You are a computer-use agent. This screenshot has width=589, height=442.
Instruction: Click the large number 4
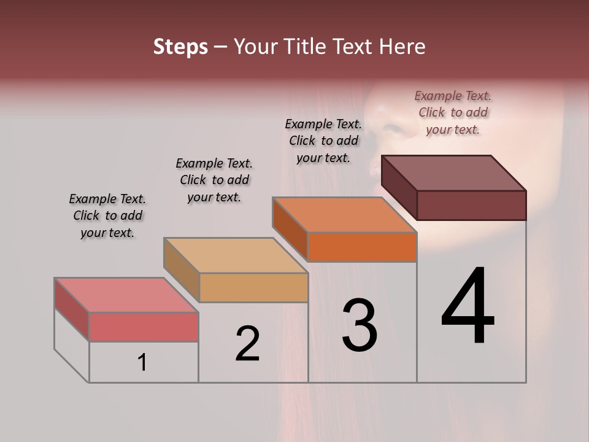pyautogui.click(x=468, y=307)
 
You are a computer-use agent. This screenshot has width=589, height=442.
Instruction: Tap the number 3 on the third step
pyautogui.click(x=360, y=325)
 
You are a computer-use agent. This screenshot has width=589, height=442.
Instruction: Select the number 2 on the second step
pyautogui.click(x=248, y=344)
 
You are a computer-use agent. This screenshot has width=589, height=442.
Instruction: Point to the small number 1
pyautogui.click(x=142, y=362)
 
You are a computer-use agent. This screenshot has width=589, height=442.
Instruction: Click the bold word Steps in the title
pyautogui.click(x=180, y=47)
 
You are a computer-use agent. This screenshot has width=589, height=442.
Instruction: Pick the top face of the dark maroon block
pyautogui.click(x=454, y=173)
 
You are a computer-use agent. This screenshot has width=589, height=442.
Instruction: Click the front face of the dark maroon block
pyautogui.click(x=471, y=205)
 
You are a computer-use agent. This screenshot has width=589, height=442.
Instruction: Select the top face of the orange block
pyautogui.click(x=345, y=215)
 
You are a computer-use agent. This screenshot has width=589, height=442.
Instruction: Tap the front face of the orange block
pyautogui.click(x=362, y=247)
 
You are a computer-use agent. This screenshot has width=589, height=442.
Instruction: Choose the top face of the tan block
pyautogui.click(x=236, y=255)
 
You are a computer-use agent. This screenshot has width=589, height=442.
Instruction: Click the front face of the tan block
pyautogui.click(x=253, y=287)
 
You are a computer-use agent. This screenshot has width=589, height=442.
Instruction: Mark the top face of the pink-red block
pyautogui.click(x=126, y=295)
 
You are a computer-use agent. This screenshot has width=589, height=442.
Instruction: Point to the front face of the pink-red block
pyautogui.click(x=144, y=327)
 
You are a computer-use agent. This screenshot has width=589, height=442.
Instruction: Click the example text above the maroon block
pyautogui.click(x=453, y=112)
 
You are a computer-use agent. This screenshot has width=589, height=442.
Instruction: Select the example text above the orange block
pyautogui.click(x=323, y=141)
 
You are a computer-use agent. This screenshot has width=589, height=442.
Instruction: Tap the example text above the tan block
pyautogui.click(x=214, y=180)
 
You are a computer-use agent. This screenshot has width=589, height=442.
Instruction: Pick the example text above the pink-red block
pyautogui.click(x=107, y=215)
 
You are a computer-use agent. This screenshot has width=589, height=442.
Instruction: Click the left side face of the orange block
pyautogui.click(x=290, y=228)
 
